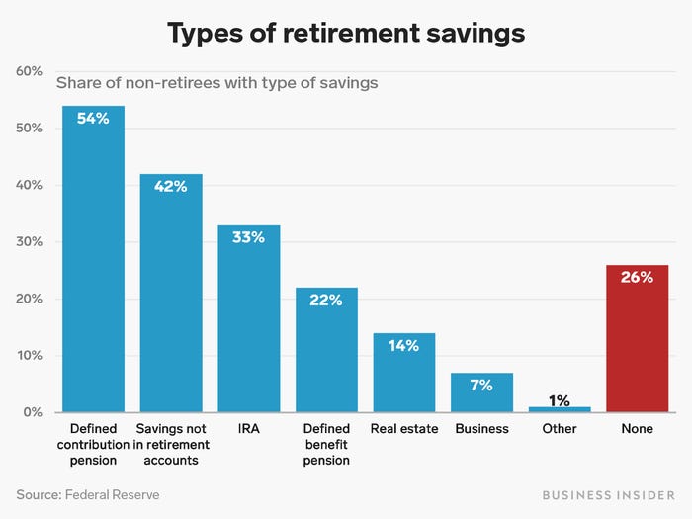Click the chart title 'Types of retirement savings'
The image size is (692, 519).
tap(346, 34)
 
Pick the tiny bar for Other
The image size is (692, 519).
tap(560, 409)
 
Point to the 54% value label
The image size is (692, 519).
tap(93, 119)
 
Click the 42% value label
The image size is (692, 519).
tap(170, 186)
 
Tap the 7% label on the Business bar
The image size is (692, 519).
tap(481, 385)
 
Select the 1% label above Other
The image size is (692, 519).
tap(560, 399)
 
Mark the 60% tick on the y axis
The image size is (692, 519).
tap(28, 72)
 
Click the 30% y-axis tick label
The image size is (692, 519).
tap(28, 242)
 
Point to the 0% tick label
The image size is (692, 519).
tap(31, 412)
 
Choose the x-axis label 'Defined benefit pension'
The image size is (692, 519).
tap(325, 444)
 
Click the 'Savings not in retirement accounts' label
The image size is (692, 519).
tap(170, 444)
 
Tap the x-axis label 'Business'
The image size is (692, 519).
tap(481, 429)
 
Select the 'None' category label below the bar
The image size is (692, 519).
tap(637, 429)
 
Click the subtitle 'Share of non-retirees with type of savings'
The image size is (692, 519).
tap(216, 84)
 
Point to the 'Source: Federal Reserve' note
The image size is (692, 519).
tap(88, 494)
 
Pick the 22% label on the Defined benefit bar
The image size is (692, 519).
tap(325, 300)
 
